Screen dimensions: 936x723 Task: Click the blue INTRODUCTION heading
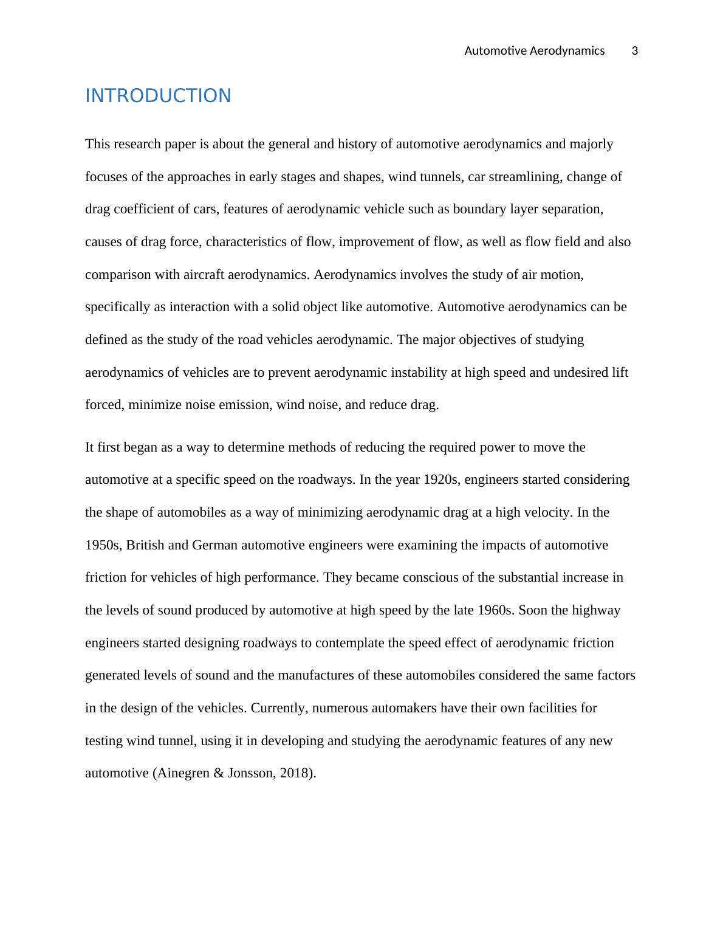tap(158, 96)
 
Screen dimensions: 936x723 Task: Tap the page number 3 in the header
tap(635, 51)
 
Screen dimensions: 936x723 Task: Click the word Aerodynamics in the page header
tap(567, 51)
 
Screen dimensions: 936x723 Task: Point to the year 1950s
tap(103, 545)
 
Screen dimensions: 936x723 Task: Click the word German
tap(214, 545)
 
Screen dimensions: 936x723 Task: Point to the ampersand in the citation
tap(219, 773)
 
